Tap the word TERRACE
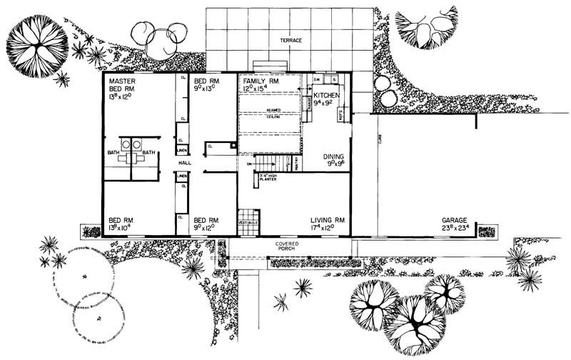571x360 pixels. (290, 41)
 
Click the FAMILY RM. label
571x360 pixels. (260, 83)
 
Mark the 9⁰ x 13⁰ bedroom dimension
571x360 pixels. (207, 91)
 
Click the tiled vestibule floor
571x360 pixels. (246, 216)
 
